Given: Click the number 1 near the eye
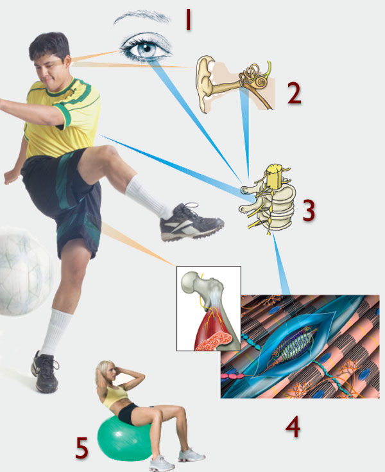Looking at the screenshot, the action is pos(188,19).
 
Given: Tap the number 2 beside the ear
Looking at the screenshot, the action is pos(294,94).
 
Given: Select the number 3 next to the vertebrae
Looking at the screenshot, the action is pos(309,211).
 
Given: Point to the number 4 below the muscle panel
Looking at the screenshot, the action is pos(293,427).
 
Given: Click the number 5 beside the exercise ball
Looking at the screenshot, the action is pos(82,448).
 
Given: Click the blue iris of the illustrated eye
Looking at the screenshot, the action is pos(146,49).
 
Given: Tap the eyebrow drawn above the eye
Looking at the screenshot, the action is pos(142,17).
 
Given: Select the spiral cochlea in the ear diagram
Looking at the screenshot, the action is pos(261,82).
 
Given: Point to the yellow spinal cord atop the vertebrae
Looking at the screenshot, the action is pos(274,177).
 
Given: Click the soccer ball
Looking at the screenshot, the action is pos(24,272).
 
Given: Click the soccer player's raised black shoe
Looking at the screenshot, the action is pos(191,222).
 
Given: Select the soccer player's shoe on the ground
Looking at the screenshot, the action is pos(44,372).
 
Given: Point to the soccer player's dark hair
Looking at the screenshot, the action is pos(49,46).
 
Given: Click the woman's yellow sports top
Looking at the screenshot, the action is pos(115,395).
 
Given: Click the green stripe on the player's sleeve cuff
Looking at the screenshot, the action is pos(65,115).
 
